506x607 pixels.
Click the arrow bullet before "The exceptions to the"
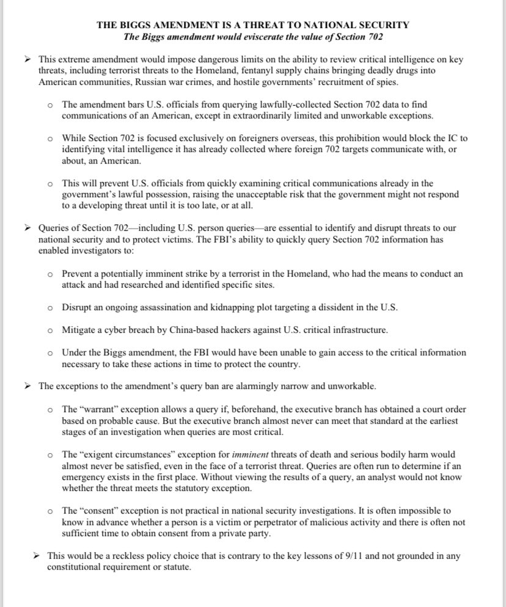click(x=27, y=386)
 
